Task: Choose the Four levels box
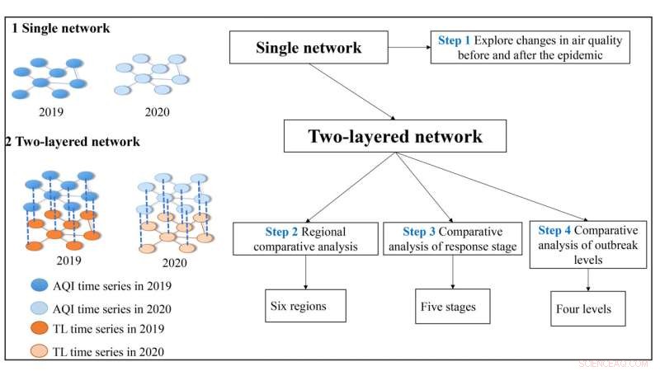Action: click(x=587, y=309)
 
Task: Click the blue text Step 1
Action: click(x=455, y=39)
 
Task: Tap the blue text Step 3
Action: click(x=421, y=232)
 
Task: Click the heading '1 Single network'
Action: click(x=61, y=28)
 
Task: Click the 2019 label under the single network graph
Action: click(x=52, y=112)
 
